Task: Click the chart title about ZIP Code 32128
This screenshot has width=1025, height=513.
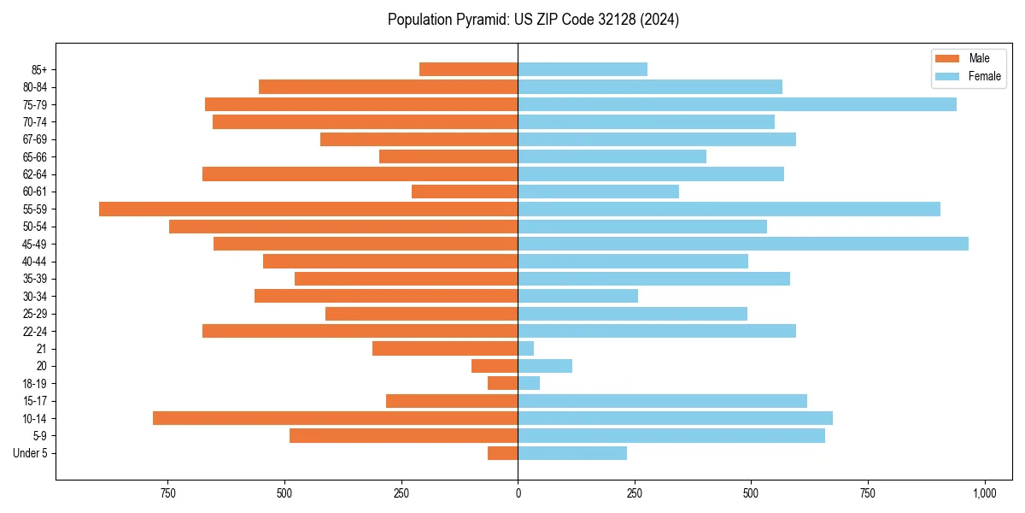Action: (533, 20)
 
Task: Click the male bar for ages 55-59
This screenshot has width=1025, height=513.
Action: (308, 209)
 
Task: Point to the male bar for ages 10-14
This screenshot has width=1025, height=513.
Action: (335, 418)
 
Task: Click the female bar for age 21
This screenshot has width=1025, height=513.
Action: (526, 348)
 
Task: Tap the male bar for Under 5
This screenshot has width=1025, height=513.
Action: (503, 453)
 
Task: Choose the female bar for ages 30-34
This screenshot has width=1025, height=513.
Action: (577, 296)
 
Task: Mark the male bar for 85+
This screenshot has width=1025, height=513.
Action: (469, 69)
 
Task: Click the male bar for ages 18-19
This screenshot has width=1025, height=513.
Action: (503, 383)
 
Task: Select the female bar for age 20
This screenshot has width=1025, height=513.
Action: (545, 366)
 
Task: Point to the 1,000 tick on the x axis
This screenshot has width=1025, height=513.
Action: (984, 493)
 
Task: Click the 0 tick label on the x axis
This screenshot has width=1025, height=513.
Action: (518, 493)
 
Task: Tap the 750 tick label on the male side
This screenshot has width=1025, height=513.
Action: (167, 493)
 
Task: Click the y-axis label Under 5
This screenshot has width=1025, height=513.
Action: (30, 453)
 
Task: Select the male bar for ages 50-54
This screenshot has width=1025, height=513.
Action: (343, 227)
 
